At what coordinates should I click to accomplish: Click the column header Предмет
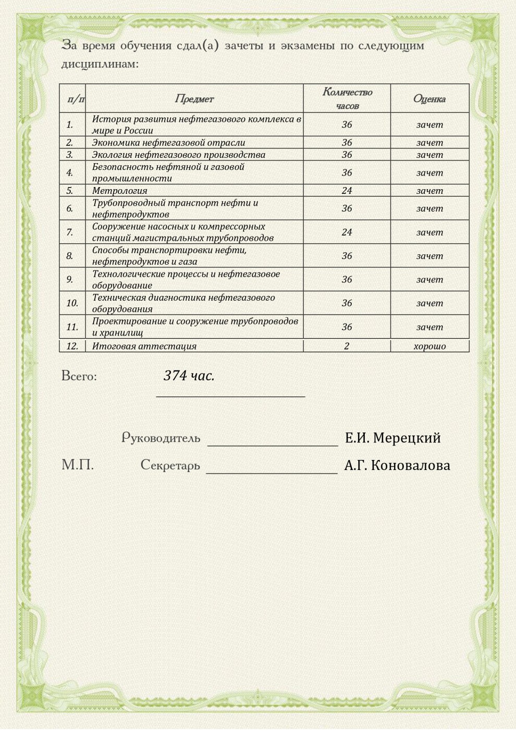tap(194, 99)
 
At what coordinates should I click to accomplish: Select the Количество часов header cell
tap(347, 98)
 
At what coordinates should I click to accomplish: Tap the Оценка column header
tap(429, 99)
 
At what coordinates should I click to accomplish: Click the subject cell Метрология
tap(120, 191)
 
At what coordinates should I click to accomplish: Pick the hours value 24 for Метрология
tap(347, 191)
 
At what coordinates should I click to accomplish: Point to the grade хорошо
tap(429, 346)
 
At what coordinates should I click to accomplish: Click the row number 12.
tap(72, 346)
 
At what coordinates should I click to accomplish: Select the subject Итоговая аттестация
tap(144, 346)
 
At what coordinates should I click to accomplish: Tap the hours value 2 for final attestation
tap(347, 346)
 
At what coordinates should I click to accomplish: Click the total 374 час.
tap(189, 376)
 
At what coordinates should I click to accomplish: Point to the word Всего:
tap(79, 376)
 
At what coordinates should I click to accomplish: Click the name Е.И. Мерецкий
tap(393, 438)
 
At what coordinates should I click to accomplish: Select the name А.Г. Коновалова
tap(397, 465)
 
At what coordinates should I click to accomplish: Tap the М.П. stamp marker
tap(78, 465)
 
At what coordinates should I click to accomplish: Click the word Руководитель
tap(161, 438)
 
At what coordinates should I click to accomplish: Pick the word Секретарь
tap(170, 465)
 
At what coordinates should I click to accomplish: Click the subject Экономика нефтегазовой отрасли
tap(168, 143)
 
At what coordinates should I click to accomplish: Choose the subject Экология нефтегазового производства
tap(179, 155)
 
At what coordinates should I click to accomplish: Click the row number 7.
tap(70, 232)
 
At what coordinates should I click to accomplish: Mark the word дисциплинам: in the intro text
tap(100, 65)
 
